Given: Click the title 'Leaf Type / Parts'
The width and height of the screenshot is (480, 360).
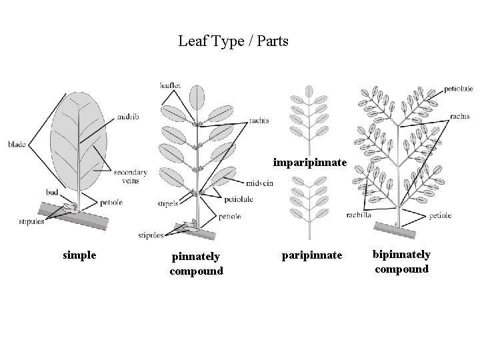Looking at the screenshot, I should click(x=233, y=41).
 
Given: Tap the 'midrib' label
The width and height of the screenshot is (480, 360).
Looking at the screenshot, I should click(x=127, y=117).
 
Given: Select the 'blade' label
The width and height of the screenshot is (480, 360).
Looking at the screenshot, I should click(x=17, y=143).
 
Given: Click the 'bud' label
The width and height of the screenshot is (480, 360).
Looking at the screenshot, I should click(x=52, y=192).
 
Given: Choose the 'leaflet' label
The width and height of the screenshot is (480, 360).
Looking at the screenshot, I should click(x=170, y=85).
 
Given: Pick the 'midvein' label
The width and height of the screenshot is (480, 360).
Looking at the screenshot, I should click(x=260, y=183).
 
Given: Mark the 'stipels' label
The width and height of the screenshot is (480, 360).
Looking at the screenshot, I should click(x=168, y=203).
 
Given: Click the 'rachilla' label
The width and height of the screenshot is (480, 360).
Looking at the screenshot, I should click(x=359, y=215).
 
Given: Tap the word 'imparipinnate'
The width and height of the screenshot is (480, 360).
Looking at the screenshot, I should click(x=310, y=163).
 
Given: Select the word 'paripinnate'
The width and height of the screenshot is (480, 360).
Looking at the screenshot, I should click(x=311, y=255).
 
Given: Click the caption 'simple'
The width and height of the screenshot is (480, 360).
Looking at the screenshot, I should click(x=79, y=255).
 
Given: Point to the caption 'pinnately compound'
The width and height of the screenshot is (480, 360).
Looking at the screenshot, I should click(x=196, y=263).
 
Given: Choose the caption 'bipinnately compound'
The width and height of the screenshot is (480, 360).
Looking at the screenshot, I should click(x=402, y=262).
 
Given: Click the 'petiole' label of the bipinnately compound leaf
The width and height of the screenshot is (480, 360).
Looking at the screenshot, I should click(x=441, y=215).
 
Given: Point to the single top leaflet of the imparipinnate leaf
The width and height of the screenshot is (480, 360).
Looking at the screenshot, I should click(x=309, y=91).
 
